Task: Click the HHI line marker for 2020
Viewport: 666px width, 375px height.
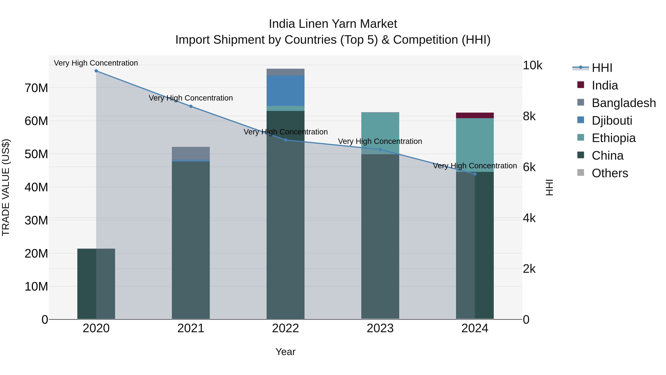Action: pyautogui.click(x=96, y=71)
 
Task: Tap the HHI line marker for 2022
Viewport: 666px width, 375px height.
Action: pyautogui.click(x=285, y=140)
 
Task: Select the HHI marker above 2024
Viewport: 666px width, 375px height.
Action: pyautogui.click(x=475, y=174)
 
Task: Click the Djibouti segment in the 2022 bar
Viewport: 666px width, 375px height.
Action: pyautogui.click(x=285, y=91)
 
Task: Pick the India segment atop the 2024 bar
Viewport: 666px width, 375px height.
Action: pyautogui.click(x=475, y=115)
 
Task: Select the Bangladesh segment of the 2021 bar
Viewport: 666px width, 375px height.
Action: pyautogui.click(x=191, y=153)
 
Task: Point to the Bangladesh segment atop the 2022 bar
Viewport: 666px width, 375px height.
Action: pyautogui.click(x=285, y=72)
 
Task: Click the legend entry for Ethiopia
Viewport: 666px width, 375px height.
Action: pyautogui.click(x=613, y=138)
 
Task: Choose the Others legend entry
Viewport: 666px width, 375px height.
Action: pyautogui.click(x=610, y=173)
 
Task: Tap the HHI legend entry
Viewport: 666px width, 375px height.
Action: pyautogui.click(x=602, y=68)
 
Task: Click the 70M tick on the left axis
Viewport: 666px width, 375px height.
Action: pyautogui.click(x=36, y=88)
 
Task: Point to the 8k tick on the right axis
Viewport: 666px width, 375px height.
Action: pyautogui.click(x=529, y=116)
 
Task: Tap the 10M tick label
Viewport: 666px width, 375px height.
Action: pyautogui.click(x=36, y=287)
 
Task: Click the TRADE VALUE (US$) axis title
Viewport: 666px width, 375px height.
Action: pyautogui.click(x=6, y=187)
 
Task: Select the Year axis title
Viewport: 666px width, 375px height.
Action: pyautogui.click(x=285, y=352)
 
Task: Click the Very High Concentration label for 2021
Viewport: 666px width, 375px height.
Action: pyautogui.click(x=191, y=98)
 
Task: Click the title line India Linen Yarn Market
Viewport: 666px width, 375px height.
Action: pyautogui.click(x=333, y=24)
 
